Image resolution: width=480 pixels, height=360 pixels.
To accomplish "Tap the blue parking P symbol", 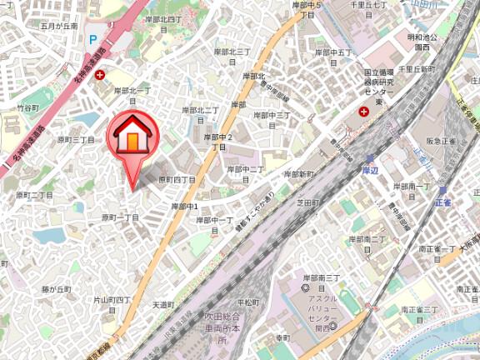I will coord(94,39).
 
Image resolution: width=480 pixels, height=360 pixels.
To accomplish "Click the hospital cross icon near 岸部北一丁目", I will coord(100,76).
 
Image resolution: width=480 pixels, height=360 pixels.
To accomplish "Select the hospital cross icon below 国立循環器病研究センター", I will coord(363,112).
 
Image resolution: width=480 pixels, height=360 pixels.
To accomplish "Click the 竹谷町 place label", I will coord(28,108).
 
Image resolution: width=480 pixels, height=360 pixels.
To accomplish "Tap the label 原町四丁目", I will coord(177,179).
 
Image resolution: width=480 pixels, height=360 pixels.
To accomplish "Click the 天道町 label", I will coord(162,305).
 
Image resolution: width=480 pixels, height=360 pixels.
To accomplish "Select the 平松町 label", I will coord(248,302).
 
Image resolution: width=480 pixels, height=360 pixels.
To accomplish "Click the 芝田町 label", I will coord(308,202).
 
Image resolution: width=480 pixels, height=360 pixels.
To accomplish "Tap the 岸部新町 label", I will coord(298,174).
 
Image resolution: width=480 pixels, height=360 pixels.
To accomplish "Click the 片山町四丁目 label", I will coord(112,298).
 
